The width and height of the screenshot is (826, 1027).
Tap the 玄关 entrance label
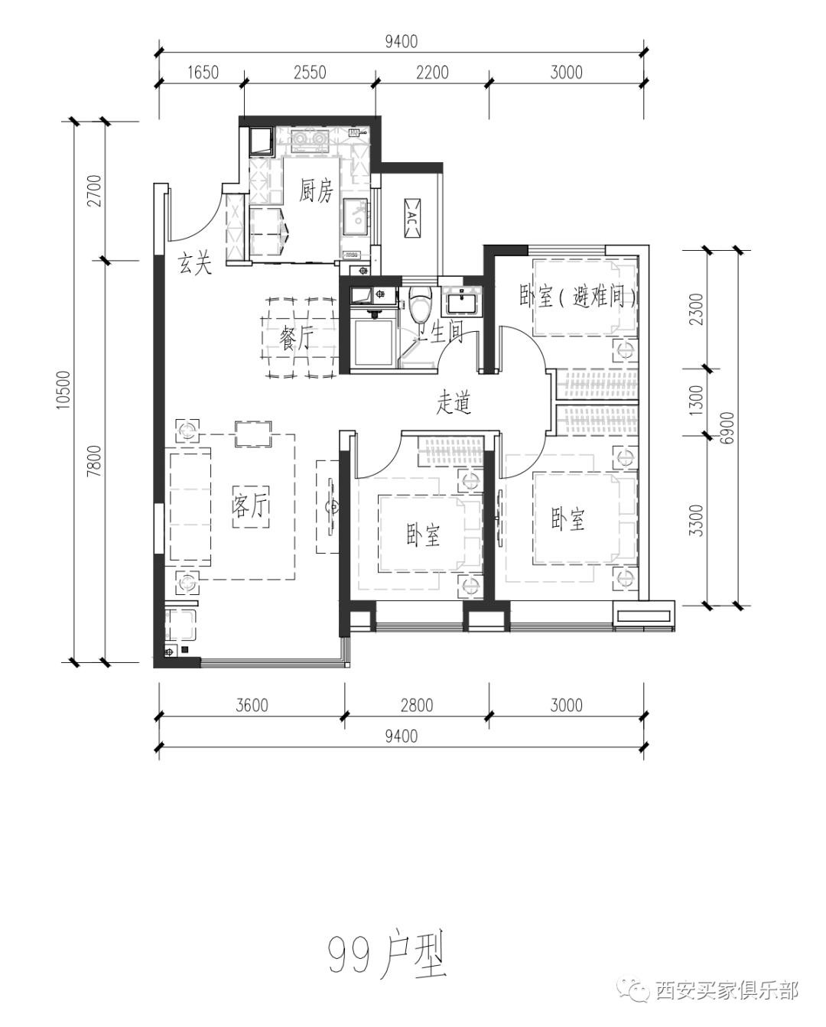[x=195, y=263]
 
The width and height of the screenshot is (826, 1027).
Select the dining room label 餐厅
[x=297, y=338]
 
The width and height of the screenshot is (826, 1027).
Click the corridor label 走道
[x=454, y=403]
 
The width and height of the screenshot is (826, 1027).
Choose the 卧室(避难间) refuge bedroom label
[x=578, y=297]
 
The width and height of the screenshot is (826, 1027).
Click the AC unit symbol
[x=412, y=219]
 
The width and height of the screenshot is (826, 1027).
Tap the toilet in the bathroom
[x=421, y=304]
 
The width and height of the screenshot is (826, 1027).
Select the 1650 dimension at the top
[x=203, y=73]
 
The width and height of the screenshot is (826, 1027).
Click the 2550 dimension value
[x=311, y=73]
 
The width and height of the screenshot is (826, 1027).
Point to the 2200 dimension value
[x=433, y=73]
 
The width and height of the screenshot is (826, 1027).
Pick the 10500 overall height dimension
[x=63, y=390]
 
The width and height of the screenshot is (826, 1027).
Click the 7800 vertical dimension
[x=95, y=461]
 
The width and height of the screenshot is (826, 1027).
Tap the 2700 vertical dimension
[x=95, y=191]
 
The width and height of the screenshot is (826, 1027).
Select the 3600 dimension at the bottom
[x=252, y=705]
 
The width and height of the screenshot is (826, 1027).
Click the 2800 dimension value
[x=417, y=705]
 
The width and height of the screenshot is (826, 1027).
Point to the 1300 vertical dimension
[x=697, y=401]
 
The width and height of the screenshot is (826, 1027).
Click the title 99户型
[x=387, y=944]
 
